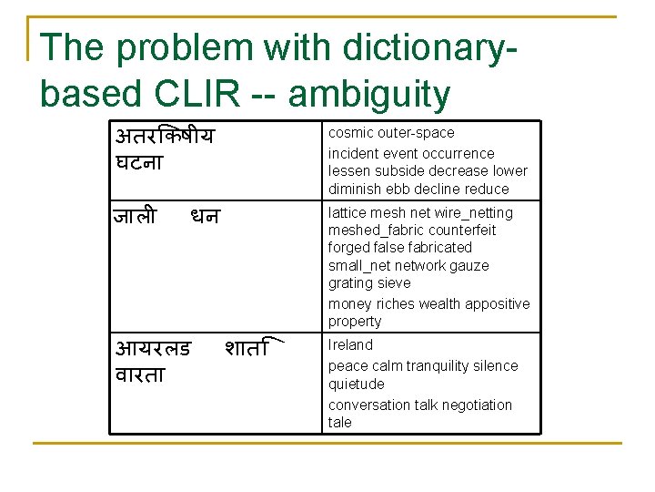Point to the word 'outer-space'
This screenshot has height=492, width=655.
416,133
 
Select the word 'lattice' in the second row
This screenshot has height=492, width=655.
348,213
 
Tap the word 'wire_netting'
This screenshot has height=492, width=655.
475,213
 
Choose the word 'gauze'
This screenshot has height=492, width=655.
470,266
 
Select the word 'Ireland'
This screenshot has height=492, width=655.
350,345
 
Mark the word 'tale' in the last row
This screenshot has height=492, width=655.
340,423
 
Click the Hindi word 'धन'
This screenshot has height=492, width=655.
205,217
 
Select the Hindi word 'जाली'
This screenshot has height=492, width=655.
135,217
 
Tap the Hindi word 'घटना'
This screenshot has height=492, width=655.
139,164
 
